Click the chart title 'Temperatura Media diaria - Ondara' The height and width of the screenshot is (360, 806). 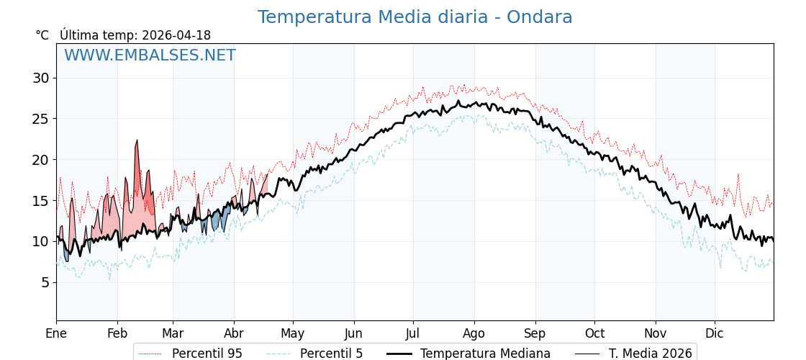pos(415,17)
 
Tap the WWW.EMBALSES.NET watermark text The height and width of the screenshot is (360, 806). pos(150,55)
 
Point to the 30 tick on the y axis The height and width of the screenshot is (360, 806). pos(41,78)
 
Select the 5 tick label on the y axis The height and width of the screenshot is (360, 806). pos(45,282)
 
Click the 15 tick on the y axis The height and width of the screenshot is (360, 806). pos(41,200)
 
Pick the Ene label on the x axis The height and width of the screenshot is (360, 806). pos(56,333)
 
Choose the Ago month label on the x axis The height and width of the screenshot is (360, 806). pos(474,333)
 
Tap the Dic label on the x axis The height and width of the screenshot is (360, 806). pos(715,333)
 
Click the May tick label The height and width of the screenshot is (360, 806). pos(293,333)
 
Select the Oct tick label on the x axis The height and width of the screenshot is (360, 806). pos(594,333)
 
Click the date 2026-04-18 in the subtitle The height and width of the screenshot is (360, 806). pos(176,35)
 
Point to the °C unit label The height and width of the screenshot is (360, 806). pos(42,35)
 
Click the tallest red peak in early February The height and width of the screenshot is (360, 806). pos(137,142)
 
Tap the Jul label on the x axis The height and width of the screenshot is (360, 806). pos(413,333)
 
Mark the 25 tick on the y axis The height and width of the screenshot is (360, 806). pos(41,118)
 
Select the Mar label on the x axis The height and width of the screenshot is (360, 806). pos(173,333)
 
